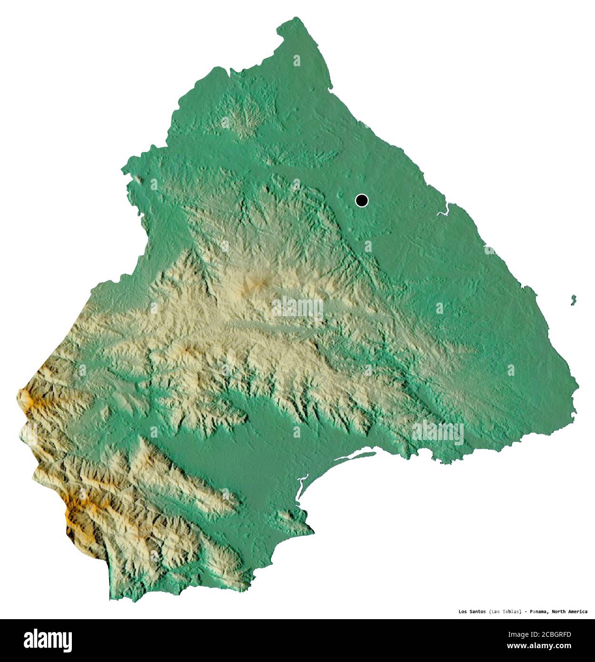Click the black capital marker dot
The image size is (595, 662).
click(362, 201)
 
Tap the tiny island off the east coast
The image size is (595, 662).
click(574, 300)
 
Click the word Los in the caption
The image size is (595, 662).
click(463, 612)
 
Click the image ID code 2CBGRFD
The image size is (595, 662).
click(552, 634)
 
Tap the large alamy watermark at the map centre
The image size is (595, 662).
click(298, 307)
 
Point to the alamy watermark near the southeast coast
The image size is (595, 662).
click(438, 432)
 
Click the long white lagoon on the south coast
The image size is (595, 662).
click(352, 458)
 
